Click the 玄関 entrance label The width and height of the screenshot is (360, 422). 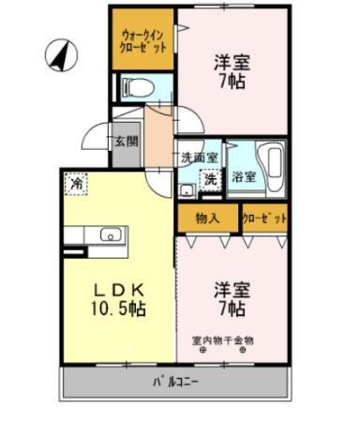tap(126, 143)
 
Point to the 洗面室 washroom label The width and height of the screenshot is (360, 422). tap(200, 157)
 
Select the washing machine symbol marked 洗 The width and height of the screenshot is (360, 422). tap(212, 177)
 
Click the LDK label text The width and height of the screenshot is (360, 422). tap(110, 288)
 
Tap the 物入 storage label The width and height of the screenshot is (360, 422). tap(207, 219)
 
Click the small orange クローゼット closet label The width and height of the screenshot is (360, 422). tap(263, 219)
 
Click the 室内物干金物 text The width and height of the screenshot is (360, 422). tap(222, 339)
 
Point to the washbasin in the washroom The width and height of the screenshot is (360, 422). tap(187, 190)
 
